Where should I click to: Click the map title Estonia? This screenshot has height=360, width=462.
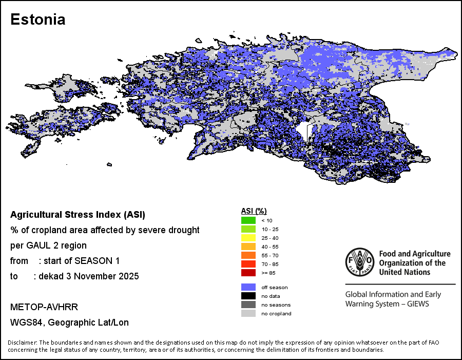pos(38,20)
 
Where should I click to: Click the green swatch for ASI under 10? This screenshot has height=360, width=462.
pos(248,220)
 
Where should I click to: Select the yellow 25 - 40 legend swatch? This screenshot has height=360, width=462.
pos(248,238)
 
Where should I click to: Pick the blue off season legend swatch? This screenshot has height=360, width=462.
pos(248,287)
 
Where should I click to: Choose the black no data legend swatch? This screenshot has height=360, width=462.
pos(248,296)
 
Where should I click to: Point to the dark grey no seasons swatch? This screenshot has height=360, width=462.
pos(248,305)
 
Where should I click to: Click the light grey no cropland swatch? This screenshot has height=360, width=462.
pos(248,313)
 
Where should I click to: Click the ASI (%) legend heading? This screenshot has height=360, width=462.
pos(254,211)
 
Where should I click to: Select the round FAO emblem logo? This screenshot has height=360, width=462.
pos(360,262)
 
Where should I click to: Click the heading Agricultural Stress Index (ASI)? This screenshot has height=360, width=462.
pos(78,214)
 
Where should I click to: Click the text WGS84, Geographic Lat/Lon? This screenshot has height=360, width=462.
pos(69,323)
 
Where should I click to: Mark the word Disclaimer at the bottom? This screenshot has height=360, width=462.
pos(22,343)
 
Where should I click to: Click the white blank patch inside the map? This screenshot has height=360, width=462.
pos(303,132)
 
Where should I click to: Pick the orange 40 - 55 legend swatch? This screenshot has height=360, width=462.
pos(248,247)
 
